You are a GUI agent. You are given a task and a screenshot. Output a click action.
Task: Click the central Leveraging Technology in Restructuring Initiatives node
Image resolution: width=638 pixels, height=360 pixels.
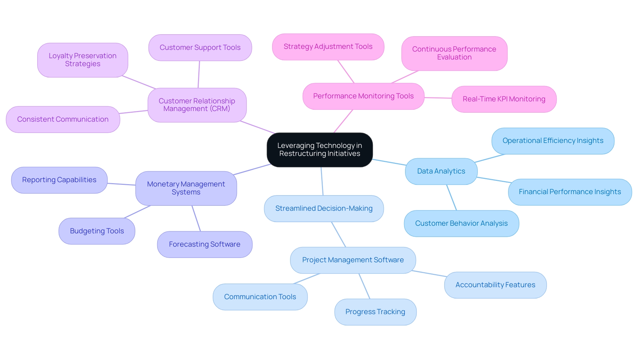[x=320, y=150]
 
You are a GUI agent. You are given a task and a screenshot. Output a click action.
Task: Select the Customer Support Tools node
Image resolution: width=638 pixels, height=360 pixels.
[x=200, y=48]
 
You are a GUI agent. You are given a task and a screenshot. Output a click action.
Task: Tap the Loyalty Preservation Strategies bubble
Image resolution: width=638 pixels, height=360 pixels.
[x=82, y=60]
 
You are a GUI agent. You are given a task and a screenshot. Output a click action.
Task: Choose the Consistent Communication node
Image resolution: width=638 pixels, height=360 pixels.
[x=63, y=119]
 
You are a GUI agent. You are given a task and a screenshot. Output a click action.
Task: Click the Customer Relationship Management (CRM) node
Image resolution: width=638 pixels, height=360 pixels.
[x=197, y=105]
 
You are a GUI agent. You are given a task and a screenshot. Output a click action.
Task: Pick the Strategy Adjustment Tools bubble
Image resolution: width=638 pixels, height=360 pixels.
[x=328, y=47]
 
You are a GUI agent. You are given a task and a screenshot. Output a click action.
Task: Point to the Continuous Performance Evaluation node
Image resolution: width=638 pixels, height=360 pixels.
[x=454, y=53]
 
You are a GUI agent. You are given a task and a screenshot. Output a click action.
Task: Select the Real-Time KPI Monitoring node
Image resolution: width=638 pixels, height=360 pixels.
[x=504, y=99]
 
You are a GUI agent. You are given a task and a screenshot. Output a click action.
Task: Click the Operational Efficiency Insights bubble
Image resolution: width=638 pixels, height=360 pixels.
[x=553, y=141]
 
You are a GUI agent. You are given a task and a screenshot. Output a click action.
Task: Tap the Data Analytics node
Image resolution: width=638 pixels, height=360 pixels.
[x=441, y=171]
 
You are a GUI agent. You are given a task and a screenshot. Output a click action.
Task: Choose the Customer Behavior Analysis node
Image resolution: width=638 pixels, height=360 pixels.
[x=461, y=223]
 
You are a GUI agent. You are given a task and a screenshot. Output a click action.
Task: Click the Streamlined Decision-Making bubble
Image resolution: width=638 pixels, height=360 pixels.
[x=324, y=208]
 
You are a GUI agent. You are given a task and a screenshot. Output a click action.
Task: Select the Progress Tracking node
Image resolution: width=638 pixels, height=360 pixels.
[x=375, y=312]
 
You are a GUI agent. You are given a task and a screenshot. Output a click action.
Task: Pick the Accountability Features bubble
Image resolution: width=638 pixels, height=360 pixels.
[x=495, y=285]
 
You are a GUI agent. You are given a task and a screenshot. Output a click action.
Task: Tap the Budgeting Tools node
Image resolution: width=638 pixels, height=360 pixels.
[x=97, y=231]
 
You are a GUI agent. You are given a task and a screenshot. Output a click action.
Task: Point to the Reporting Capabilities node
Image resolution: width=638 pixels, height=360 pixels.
[x=59, y=180]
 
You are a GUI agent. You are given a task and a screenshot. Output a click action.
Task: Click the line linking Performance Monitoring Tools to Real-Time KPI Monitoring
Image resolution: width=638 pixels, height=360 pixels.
[x=438, y=98]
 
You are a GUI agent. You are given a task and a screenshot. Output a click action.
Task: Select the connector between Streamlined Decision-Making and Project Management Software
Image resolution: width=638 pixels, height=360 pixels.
[x=339, y=234]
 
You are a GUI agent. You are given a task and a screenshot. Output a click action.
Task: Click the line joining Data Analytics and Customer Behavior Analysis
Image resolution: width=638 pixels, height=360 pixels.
[x=452, y=197]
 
